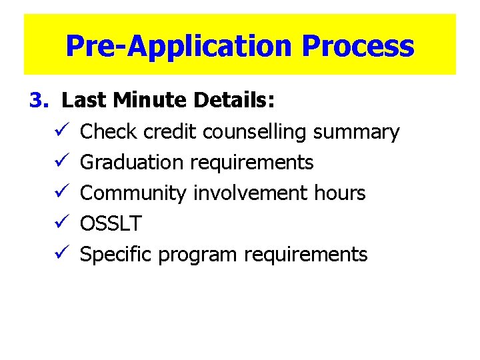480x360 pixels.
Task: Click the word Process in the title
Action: (358, 46)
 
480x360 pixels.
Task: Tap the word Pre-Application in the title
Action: (179, 46)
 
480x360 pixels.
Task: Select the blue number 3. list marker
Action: (39, 101)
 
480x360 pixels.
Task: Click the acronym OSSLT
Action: (111, 224)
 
